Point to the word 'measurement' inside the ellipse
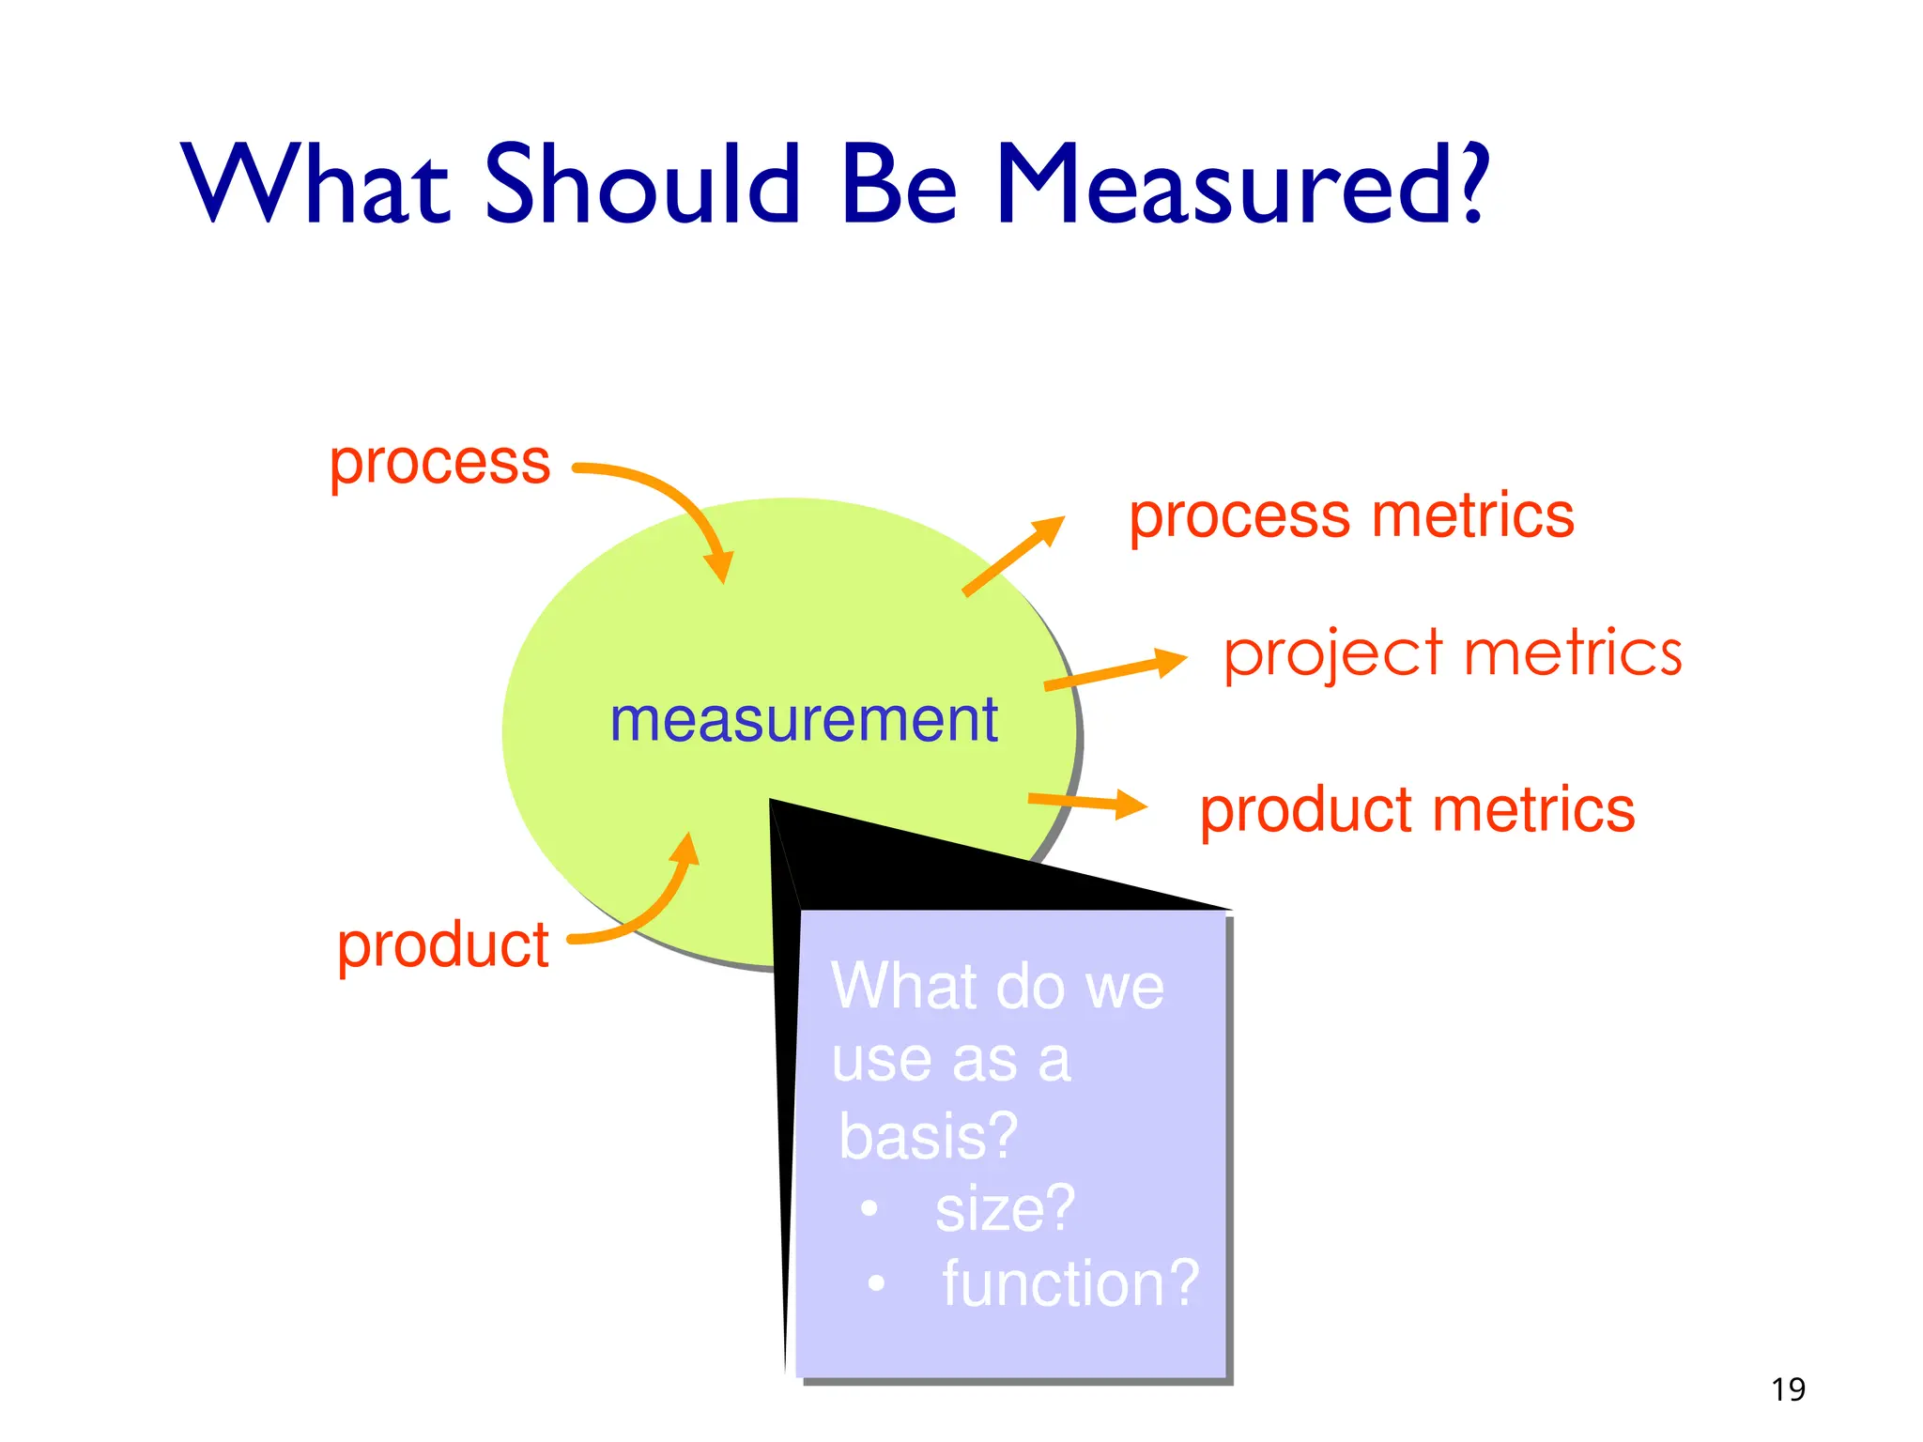coord(804,720)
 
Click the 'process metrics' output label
coord(1351,516)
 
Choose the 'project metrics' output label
coord(1453,653)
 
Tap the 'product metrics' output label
coord(1417,810)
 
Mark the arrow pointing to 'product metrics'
coord(1088,803)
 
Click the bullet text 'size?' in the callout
coord(1005,1209)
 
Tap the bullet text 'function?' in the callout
coord(1070,1283)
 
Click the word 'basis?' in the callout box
coord(928,1136)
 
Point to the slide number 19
coord(1788,1388)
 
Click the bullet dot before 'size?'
coord(869,1209)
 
